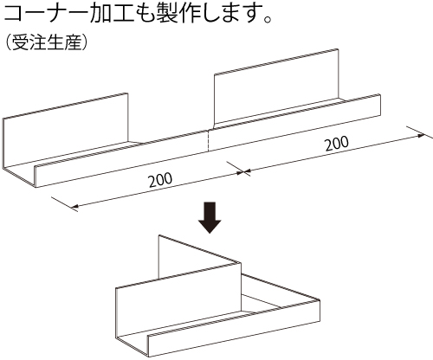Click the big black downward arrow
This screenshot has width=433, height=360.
click(210, 217)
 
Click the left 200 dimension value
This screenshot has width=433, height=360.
click(160, 180)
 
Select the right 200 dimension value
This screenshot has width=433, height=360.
click(337, 144)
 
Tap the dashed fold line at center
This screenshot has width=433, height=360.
click(208, 140)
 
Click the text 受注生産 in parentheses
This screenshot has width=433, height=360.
click(46, 43)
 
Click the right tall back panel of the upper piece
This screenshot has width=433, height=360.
click(276, 88)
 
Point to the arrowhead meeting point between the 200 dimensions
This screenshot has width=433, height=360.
click(244, 172)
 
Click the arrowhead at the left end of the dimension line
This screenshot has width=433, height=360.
click(74, 206)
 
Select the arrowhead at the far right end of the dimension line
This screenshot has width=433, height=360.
click(421, 135)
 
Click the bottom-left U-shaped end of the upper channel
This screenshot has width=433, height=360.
click(20, 176)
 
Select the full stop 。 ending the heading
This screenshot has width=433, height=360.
click(268, 19)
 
